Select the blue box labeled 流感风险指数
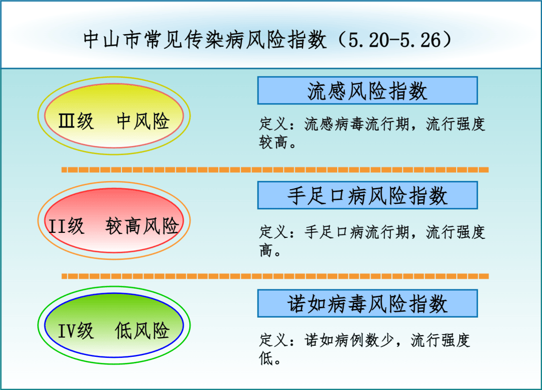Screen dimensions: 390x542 (x=367, y=91)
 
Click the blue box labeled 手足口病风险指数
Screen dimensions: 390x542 (x=367, y=195)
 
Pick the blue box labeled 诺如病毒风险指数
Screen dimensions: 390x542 (x=367, y=304)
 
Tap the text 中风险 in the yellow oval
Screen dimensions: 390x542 (x=143, y=121)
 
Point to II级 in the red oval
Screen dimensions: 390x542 (x=67, y=226)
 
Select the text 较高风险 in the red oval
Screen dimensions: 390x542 (x=142, y=226)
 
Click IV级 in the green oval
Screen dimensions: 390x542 (x=76, y=331)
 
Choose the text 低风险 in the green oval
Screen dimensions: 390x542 (x=142, y=331)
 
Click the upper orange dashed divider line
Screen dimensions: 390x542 (x=275, y=170)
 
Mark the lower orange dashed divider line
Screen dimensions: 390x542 (x=275, y=276)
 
